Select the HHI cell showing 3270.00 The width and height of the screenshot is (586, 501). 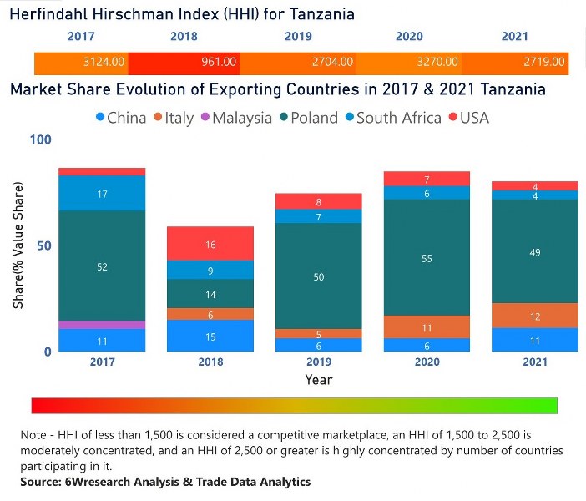click(x=439, y=62)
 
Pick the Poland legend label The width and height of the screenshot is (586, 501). click(x=315, y=118)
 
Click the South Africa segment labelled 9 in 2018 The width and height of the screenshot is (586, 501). click(x=210, y=270)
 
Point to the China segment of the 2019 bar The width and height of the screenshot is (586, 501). click(x=319, y=344)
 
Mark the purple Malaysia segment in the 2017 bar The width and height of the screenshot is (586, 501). click(x=103, y=324)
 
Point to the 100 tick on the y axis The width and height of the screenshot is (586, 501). click(x=40, y=139)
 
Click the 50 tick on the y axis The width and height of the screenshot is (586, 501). click(x=43, y=245)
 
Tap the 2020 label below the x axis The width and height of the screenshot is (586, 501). click(x=427, y=363)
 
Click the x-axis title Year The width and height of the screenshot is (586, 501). click(x=319, y=380)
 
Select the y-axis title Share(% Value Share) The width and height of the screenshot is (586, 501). click(x=18, y=245)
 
